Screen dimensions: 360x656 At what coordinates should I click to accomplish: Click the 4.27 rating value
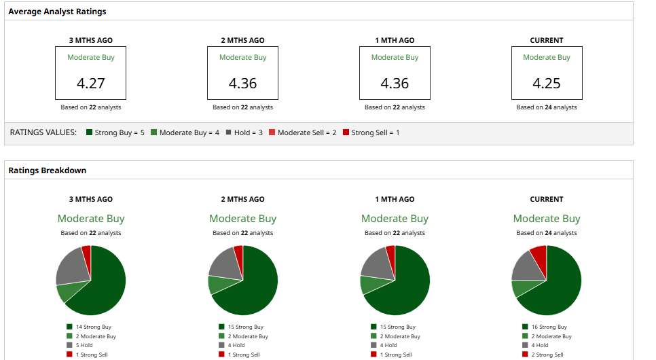(x=91, y=84)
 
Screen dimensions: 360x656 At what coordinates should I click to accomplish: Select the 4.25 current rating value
(x=547, y=84)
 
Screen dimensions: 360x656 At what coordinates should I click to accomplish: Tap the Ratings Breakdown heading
(x=48, y=170)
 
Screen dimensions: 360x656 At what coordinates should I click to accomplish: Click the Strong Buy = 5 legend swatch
(x=90, y=132)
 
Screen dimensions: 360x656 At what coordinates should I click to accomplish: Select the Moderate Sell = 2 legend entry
(x=302, y=132)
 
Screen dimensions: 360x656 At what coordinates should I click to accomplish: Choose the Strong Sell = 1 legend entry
(x=371, y=132)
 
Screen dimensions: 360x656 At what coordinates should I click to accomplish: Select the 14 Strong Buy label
(x=93, y=327)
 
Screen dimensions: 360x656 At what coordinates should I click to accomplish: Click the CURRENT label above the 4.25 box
(x=547, y=40)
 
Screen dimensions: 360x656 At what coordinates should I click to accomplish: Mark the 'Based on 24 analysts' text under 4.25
(x=547, y=107)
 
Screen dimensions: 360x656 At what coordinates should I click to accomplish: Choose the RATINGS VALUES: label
(x=43, y=132)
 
